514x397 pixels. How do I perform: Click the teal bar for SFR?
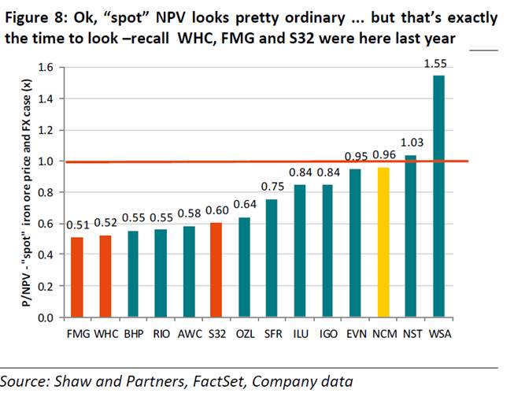pyautogui.click(x=271, y=258)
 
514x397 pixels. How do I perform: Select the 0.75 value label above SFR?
pyautogui.click(x=272, y=186)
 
